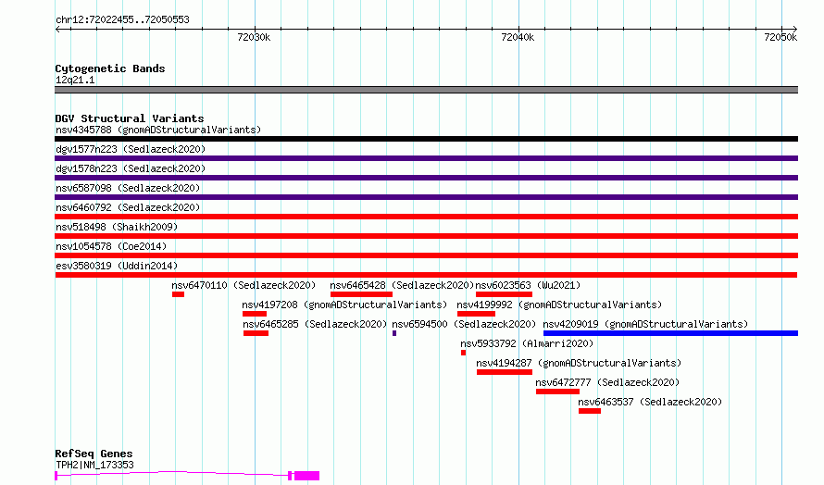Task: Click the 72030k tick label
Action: click(254, 37)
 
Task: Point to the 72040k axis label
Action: click(518, 37)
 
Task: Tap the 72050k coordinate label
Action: click(780, 37)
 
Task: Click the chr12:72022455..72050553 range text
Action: click(122, 20)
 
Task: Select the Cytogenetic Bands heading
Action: click(110, 68)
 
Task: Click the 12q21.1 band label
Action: click(75, 80)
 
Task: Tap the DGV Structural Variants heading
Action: click(130, 118)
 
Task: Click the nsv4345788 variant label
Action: click(83, 130)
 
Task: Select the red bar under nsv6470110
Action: click(178, 294)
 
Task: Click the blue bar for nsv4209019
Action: click(670, 333)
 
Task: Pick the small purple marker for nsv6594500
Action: click(394, 333)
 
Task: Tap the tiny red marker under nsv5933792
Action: click(463, 353)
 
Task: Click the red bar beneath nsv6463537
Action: click(590, 411)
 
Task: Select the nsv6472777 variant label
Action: click(563, 382)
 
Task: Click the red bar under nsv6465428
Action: click(362, 294)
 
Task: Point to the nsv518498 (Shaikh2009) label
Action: click(117, 227)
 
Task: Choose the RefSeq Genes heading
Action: click(94, 454)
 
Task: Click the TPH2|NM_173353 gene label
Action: click(94, 465)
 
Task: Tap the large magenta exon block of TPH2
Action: click(306, 476)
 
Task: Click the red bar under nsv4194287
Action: click(505, 372)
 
